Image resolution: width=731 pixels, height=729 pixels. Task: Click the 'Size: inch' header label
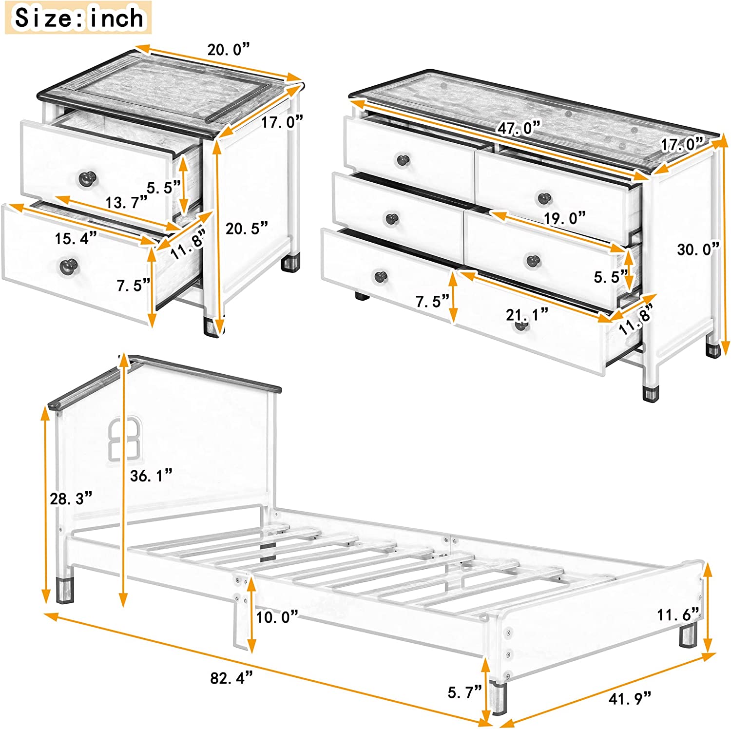[78, 18]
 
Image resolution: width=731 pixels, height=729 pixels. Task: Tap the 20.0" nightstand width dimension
[228, 50]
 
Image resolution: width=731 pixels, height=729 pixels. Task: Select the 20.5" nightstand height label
[247, 228]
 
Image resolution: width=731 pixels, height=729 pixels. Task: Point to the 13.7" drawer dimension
[126, 202]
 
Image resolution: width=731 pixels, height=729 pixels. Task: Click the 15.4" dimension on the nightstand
[76, 238]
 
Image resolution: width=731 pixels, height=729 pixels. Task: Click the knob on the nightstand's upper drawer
[87, 178]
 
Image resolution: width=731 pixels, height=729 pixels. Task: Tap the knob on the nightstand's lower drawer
[68, 266]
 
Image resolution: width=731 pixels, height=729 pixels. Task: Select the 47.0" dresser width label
[519, 128]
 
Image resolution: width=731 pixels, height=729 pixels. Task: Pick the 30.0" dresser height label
[698, 249]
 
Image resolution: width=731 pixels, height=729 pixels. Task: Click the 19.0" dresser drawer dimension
[564, 218]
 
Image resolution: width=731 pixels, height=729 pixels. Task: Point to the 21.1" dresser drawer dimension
[527, 315]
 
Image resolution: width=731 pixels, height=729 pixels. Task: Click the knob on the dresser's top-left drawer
[403, 159]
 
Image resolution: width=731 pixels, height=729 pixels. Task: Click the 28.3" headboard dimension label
[71, 499]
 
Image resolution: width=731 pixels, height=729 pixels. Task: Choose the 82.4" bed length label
[231, 678]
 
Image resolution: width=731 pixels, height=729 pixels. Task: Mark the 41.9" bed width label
[630, 699]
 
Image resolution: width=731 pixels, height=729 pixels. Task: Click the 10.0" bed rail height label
[277, 617]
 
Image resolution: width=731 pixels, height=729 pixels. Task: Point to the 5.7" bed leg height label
[464, 692]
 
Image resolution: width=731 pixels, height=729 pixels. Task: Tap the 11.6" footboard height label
[677, 615]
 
